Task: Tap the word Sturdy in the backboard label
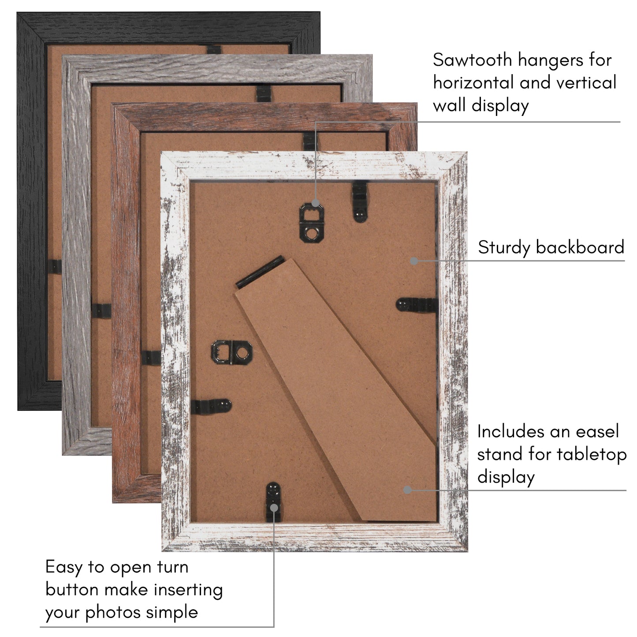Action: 504,248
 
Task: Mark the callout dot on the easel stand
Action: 408,490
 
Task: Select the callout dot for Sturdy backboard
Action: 413,261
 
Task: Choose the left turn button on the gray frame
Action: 101,311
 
